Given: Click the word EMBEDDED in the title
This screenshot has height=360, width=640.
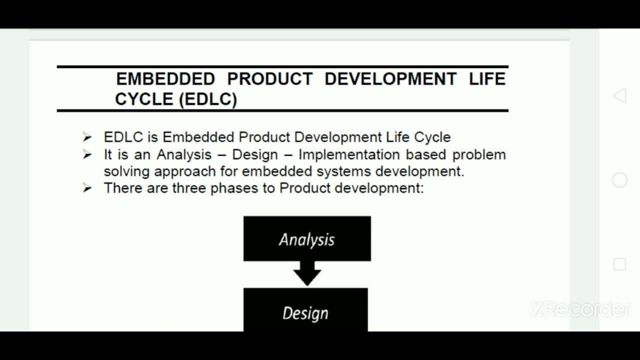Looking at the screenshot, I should (165, 79).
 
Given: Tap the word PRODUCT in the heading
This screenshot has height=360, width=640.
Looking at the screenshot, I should (269, 79).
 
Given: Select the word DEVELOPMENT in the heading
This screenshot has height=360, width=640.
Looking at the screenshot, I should (390, 79).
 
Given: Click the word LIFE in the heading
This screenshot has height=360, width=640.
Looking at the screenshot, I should (487, 79).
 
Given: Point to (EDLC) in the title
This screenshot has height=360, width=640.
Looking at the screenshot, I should (207, 99).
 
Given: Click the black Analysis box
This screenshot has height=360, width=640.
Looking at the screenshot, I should (307, 239).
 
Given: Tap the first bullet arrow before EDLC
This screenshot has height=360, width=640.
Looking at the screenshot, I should (87, 137).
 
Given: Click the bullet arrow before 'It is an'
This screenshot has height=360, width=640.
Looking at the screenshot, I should (87, 154).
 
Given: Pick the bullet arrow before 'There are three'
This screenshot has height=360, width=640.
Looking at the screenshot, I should (87, 188).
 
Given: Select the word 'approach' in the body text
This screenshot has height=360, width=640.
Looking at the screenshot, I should (185, 171).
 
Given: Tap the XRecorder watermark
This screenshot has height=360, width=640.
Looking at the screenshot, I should (580, 309).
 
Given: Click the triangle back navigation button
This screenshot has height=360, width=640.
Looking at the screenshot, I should (619, 96).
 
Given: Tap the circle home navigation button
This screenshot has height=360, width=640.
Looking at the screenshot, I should (619, 180).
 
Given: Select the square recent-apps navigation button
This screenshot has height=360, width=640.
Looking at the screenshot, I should (619, 264).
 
